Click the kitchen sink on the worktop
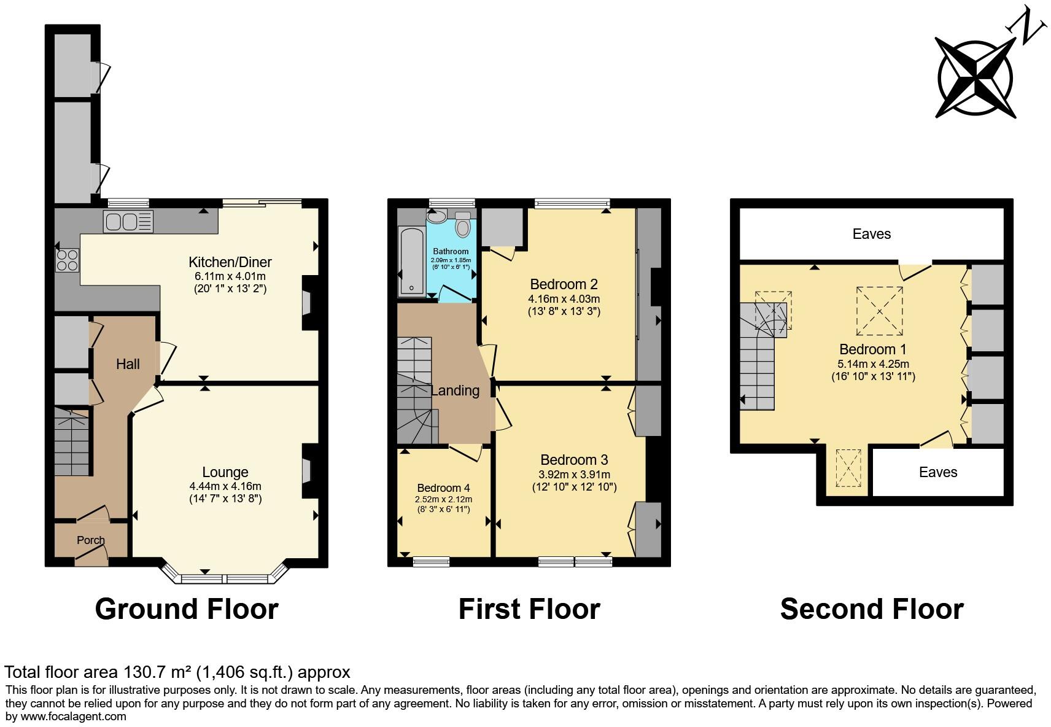click(128, 222)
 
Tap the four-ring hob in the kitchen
click(67, 260)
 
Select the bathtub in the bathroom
click(411, 262)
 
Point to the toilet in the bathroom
click(463, 224)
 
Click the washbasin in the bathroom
click(437, 216)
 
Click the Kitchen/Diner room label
click(230, 262)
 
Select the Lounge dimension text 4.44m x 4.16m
click(225, 486)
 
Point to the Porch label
click(91, 540)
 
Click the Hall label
click(128, 364)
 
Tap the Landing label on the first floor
click(455, 391)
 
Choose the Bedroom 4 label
click(443, 488)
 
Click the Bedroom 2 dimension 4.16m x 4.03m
click(564, 299)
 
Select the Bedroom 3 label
click(574, 460)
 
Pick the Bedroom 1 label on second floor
click(873, 349)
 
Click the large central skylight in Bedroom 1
click(880, 311)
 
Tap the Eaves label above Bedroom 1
click(871, 234)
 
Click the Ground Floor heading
click(187, 609)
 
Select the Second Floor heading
click(872, 609)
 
